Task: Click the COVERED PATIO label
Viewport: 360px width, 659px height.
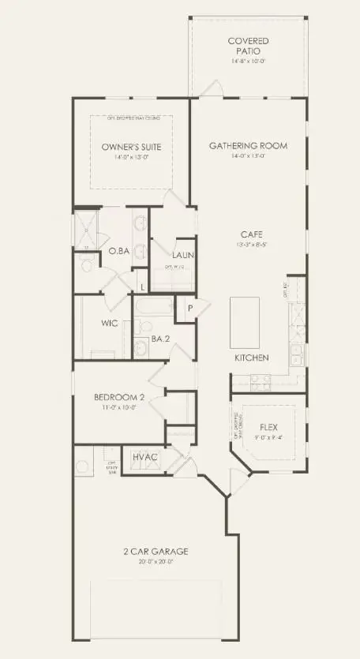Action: click(x=248, y=45)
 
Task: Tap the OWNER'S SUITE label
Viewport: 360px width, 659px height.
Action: click(x=131, y=147)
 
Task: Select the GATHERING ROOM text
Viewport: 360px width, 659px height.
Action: click(x=248, y=145)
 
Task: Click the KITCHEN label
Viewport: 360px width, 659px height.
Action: click(x=252, y=358)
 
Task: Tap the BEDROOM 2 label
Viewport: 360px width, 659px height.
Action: click(x=117, y=396)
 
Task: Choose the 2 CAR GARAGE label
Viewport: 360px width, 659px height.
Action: click(x=156, y=552)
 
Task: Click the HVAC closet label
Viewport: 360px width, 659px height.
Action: click(x=145, y=458)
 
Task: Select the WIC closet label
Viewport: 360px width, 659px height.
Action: click(x=109, y=324)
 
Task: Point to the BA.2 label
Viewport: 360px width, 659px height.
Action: click(x=161, y=341)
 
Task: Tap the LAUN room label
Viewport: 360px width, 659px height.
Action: click(x=184, y=255)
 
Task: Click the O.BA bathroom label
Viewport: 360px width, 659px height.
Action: click(x=119, y=251)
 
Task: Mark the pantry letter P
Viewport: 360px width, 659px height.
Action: click(x=190, y=307)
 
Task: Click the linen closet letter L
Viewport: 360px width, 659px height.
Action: click(x=141, y=286)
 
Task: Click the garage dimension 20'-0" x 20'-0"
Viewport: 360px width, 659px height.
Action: click(x=156, y=563)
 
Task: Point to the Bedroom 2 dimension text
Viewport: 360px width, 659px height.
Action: click(x=117, y=407)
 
